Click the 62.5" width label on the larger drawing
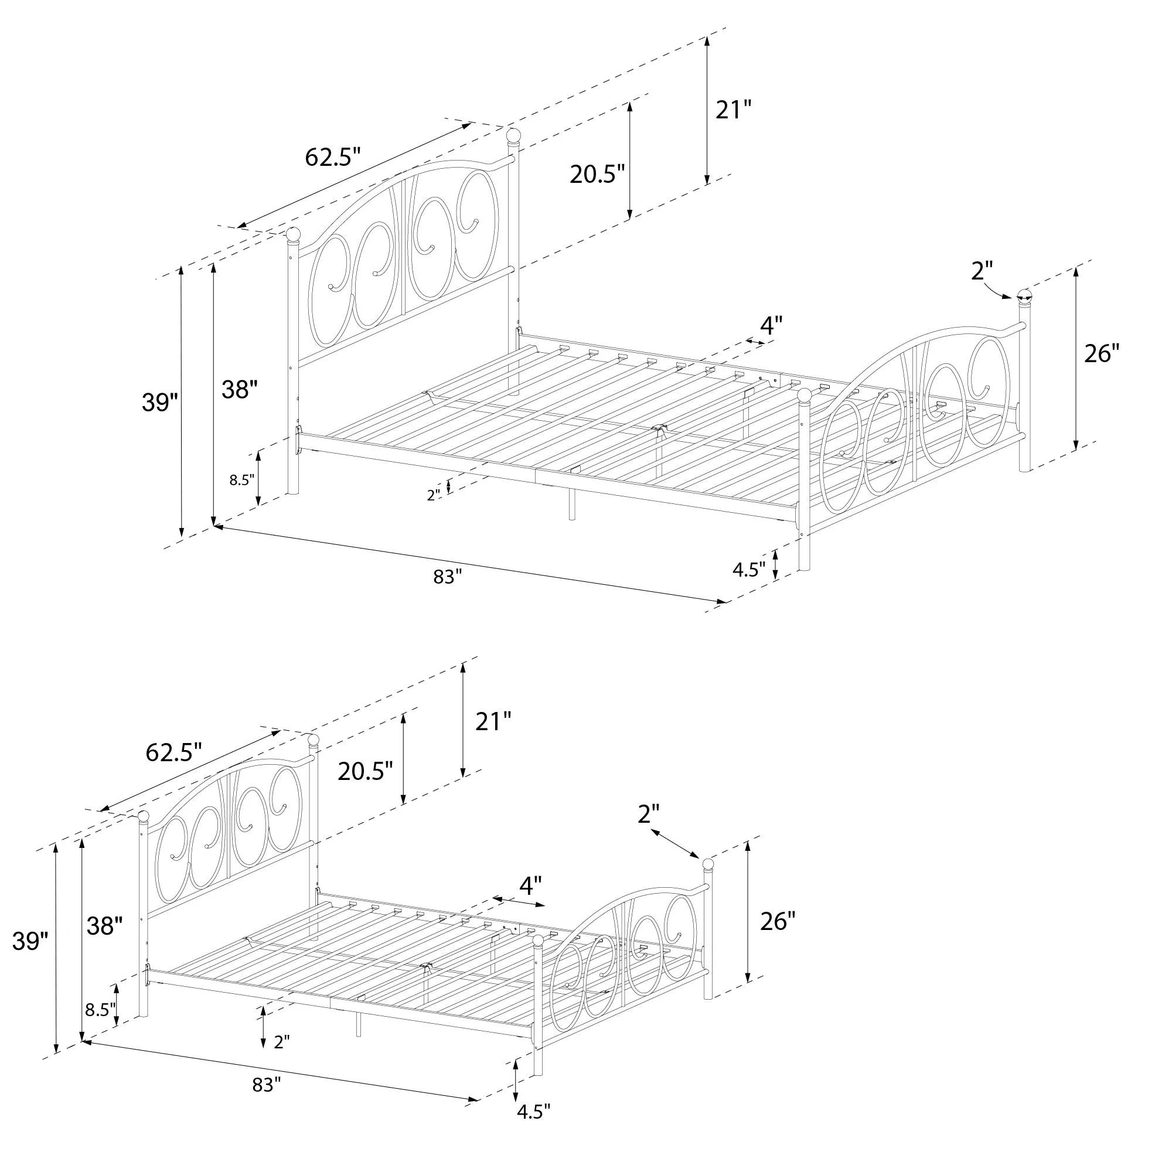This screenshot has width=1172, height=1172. pyautogui.click(x=332, y=157)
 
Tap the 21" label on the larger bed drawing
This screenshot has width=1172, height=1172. pyautogui.click(x=734, y=110)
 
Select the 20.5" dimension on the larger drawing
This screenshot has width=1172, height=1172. pyautogui.click(x=597, y=174)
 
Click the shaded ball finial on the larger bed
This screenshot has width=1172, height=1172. pyautogui.click(x=1024, y=297)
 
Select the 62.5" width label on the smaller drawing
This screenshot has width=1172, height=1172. pyautogui.click(x=173, y=753)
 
